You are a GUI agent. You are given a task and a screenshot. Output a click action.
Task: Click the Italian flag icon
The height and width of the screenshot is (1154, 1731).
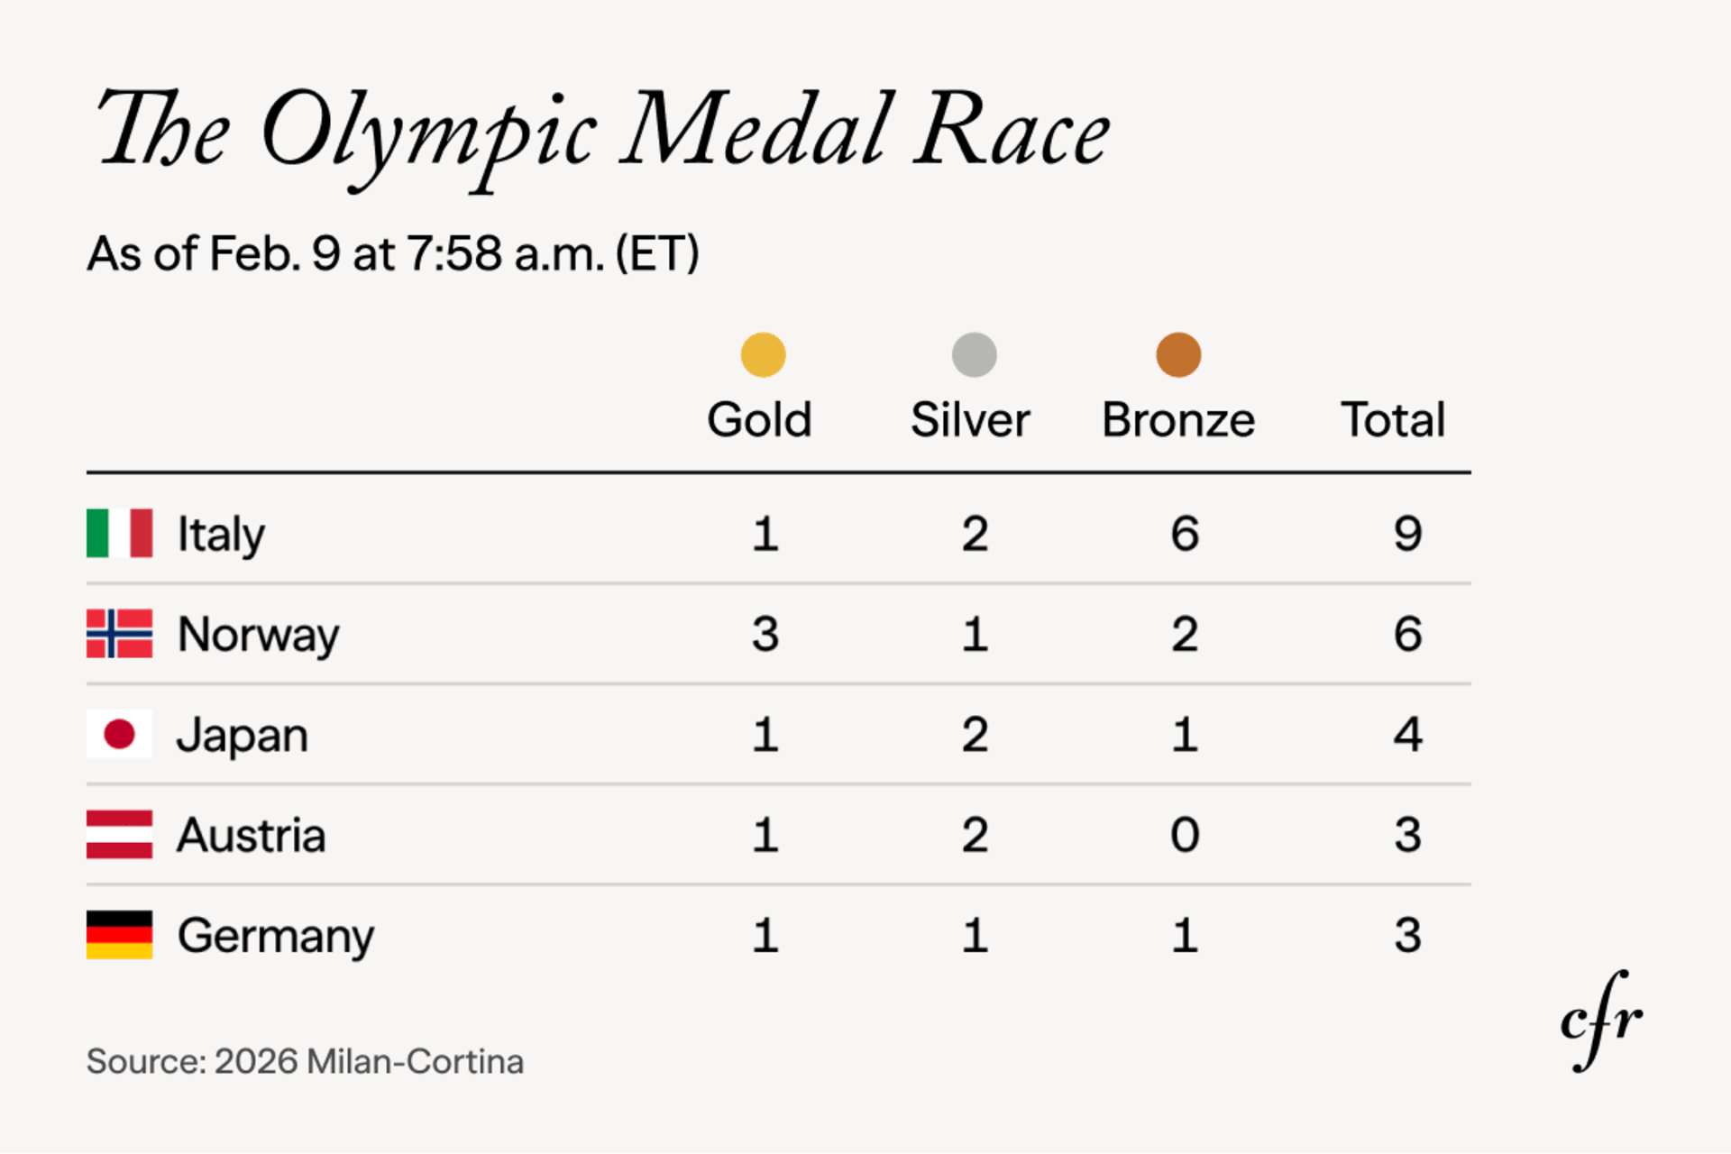[x=119, y=534]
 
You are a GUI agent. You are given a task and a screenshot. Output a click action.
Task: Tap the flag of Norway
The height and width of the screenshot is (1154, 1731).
[x=119, y=634]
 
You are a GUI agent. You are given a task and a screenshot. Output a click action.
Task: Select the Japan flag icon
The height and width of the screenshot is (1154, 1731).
[x=119, y=734]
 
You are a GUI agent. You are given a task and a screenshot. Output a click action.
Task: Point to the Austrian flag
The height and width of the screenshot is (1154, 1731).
[x=119, y=835]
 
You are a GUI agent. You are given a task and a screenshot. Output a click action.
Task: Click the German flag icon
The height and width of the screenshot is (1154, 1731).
[x=119, y=935]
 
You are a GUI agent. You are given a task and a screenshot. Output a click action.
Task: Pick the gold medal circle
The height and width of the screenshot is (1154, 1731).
[x=763, y=354]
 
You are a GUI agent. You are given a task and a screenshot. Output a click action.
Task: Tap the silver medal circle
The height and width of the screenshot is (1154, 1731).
[x=974, y=354]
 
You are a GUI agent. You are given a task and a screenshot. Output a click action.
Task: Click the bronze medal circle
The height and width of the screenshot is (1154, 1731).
[x=1178, y=354]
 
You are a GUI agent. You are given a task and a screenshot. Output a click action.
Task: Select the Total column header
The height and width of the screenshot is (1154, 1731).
[x=1393, y=420]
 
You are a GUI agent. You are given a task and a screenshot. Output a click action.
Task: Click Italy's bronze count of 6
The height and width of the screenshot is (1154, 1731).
[x=1185, y=534]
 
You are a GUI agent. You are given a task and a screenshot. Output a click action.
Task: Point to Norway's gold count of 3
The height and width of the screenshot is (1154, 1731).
[x=765, y=634]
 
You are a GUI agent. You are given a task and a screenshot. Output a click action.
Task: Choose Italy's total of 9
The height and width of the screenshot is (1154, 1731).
[x=1407, y=534]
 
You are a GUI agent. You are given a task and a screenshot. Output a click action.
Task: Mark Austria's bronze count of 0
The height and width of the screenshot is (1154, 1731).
[x=1185, y=835]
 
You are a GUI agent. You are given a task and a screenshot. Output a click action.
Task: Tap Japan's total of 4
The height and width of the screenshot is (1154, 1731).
[x=1407, y=734]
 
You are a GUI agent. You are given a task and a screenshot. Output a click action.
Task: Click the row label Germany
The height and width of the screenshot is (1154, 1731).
[x=275, y=937]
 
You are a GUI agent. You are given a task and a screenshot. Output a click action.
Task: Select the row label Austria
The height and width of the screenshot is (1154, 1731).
[x=251, y=836]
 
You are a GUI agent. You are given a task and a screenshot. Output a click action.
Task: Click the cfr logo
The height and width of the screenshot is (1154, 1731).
[x=1601, y=1021]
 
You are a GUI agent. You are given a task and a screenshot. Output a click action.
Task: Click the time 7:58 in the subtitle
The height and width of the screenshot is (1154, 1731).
[x=454, y=254]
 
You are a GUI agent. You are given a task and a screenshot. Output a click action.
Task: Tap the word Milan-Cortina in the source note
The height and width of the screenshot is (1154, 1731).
[x=415, y=1062]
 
